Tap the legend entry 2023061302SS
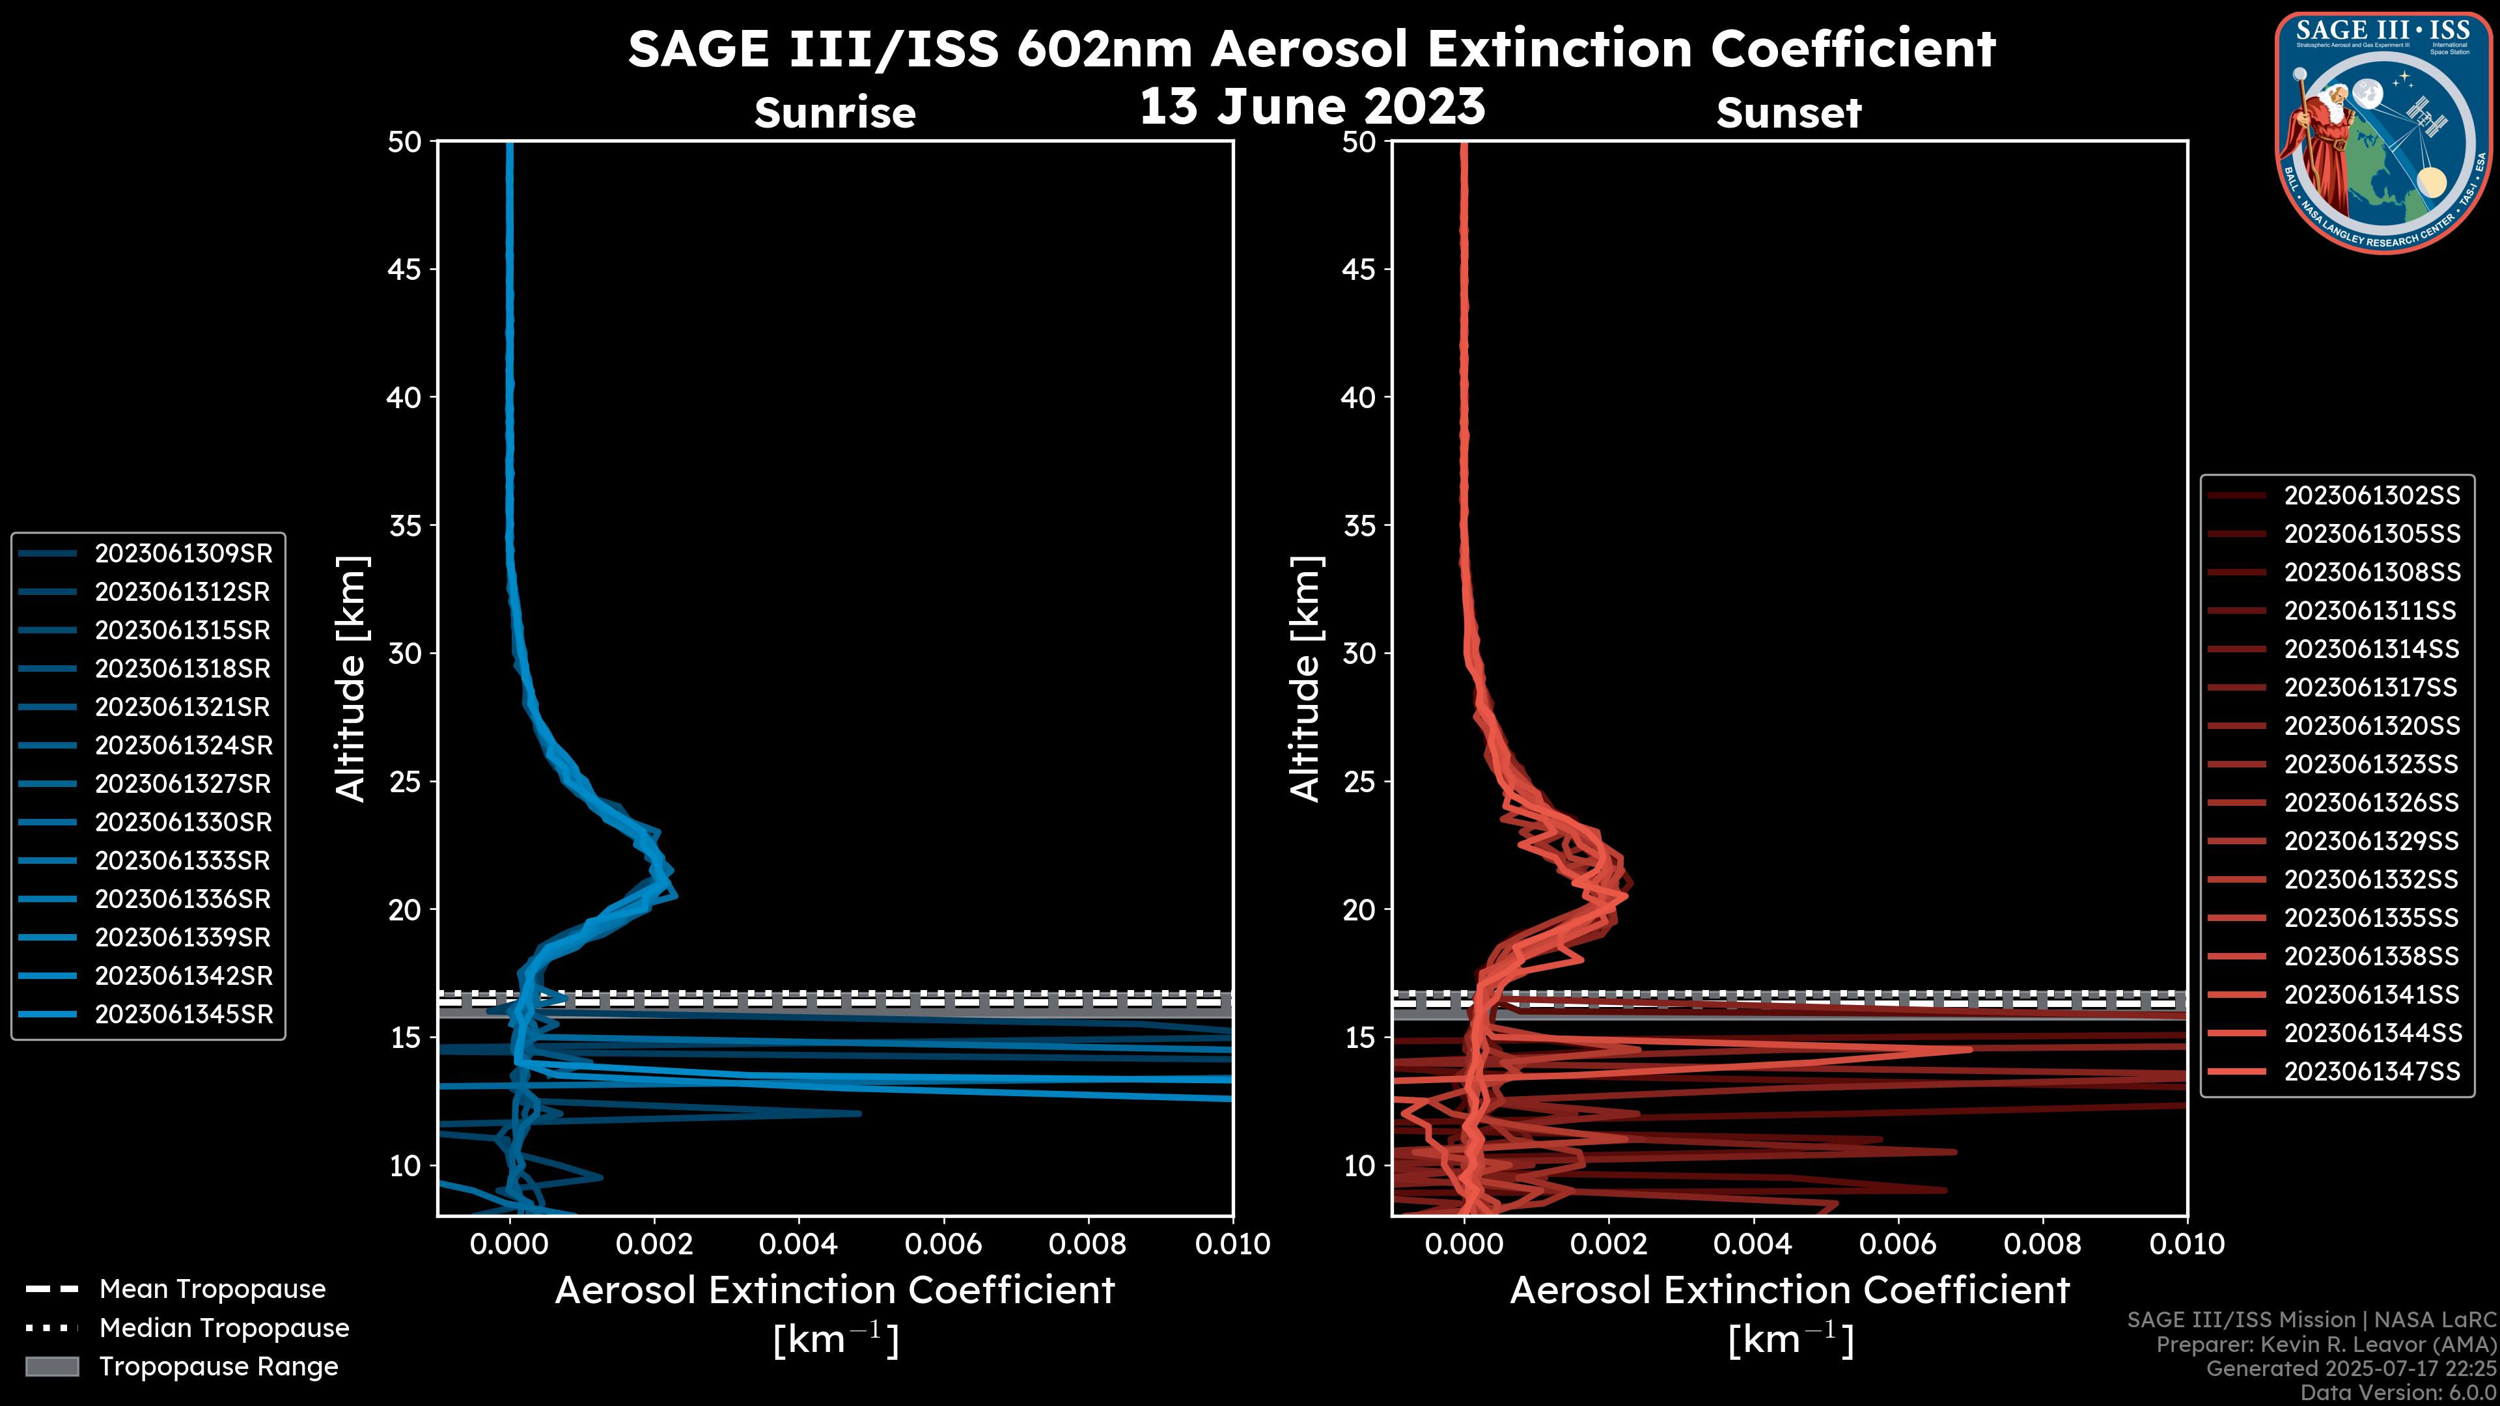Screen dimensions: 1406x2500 point(2371,496)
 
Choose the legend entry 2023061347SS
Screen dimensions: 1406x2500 point(2371,1071)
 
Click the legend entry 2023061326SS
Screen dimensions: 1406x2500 point(2371,803)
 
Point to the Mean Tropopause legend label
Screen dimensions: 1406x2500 point(212,1289)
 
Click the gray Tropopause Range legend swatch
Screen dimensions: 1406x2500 point(51,1366)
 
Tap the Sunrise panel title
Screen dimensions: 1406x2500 point(835,113)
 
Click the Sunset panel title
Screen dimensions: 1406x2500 point(1788,113)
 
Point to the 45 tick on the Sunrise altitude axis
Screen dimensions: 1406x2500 point(405,269)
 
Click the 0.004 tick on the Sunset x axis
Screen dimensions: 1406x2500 point(1752,1244)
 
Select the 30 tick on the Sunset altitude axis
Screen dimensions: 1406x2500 point(1359,653)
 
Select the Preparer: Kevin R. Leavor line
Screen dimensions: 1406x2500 point(2326,1344)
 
